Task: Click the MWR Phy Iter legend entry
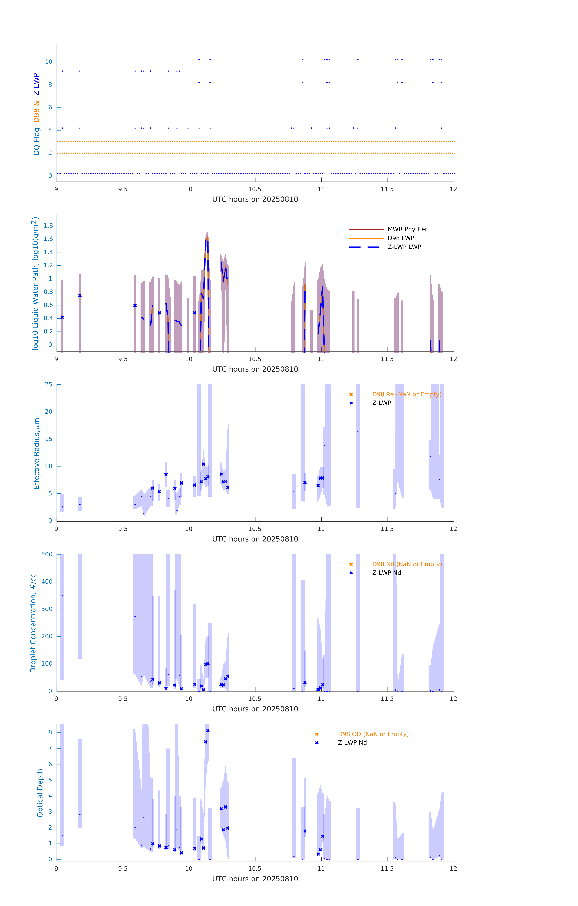tap(407, 229)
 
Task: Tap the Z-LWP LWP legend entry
tap(404, 247)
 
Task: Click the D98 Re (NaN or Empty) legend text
tap(407, 394)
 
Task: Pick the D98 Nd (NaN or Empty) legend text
tap(407, 564)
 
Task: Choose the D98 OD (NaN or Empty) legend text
tap(373, 734)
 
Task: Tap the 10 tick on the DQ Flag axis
tap(49, 62)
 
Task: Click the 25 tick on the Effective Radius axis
tap(49, 385)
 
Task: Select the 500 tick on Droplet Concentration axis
tap(47, 554)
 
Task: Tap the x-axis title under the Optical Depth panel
tap(255, 879)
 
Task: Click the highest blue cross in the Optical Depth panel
tap(208, 731)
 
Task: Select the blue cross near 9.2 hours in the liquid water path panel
tap(80, 296)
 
